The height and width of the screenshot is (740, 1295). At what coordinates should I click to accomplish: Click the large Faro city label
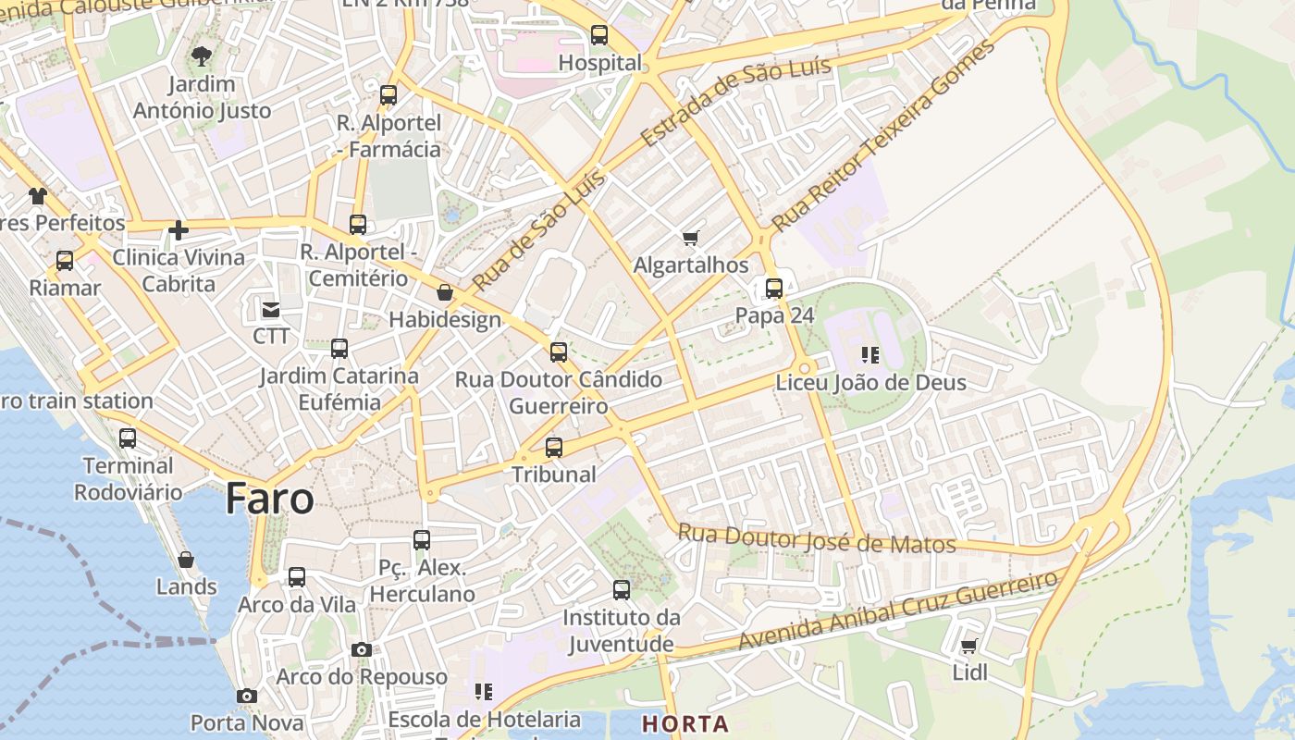(269, 499)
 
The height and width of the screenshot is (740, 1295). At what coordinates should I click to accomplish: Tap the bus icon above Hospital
(599, 36)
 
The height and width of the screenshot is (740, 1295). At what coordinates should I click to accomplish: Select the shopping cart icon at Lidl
(968, 647)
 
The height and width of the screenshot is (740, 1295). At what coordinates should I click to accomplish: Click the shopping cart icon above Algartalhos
(690, 239)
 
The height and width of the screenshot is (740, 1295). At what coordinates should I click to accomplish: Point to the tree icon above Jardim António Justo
(201, 56)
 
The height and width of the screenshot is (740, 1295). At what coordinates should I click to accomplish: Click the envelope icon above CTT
(271, 309)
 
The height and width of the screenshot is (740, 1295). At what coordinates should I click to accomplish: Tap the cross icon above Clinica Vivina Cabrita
(179, 230)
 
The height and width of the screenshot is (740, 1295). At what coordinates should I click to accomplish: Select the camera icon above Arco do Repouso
(362, 650)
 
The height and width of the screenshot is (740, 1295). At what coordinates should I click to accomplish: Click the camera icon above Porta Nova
(246, 696)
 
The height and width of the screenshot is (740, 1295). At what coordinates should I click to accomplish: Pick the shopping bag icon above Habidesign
(445, 293)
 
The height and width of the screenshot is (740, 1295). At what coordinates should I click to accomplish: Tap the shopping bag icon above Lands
(186, 560)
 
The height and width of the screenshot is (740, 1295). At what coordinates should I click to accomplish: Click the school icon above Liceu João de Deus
(869, 355)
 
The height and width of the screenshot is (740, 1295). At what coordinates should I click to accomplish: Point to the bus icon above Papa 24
(774, 289)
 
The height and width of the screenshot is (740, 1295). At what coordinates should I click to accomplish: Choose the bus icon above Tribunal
(554, 448)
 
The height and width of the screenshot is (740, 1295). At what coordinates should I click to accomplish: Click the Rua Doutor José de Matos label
(817, 538)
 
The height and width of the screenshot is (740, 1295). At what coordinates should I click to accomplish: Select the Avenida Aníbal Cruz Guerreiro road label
(896, 611)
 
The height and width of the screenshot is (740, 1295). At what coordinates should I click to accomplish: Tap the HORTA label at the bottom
(685, 724)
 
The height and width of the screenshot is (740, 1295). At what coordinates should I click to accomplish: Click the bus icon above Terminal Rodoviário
(128, 438)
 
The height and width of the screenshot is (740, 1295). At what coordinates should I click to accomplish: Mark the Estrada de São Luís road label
(735, 100)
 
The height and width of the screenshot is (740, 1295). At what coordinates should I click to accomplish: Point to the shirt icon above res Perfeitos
(37, 195)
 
